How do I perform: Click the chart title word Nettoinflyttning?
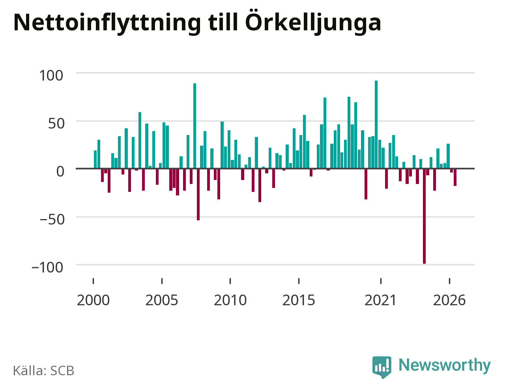pyautogui.click(x=107, y=23)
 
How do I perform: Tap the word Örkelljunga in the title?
pyautogui.click(x=313, y=21)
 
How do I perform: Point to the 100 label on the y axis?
pyautogui.click(x=51, y=75)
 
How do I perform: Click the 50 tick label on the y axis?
pyautogui.click(x=56, y=124)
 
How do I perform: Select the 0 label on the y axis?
pyautogui.click(x=60, y=171)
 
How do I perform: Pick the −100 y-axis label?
pyautogui.click(x=47, y=268)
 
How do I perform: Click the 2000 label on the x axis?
pyautogui.click(x=93, y=300)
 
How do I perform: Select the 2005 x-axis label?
pyautogui.click(x=162, y=300)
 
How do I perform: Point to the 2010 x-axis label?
pyautogui.click(x=230, y=300)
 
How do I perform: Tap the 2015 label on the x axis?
pyautogui.click(x=299, y=300)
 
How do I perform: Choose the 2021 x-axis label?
pyautogui.click(x=381, y=300)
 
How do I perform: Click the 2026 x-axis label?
pyautogui.click(x=449, y=300)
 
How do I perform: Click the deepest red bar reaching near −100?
pyautogui.click(x=424, y=216)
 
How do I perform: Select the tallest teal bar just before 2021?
pyautogui.click(x=376, y=124)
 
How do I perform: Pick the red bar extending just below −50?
pyautogui.click(x=198, y=195)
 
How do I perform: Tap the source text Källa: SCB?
pyautogui.click(x=44, y=370)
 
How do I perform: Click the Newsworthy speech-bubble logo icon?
pyautogui.click(x=382, y=367)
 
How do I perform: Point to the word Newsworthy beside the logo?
pyautogui.click(x=445, y=365)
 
